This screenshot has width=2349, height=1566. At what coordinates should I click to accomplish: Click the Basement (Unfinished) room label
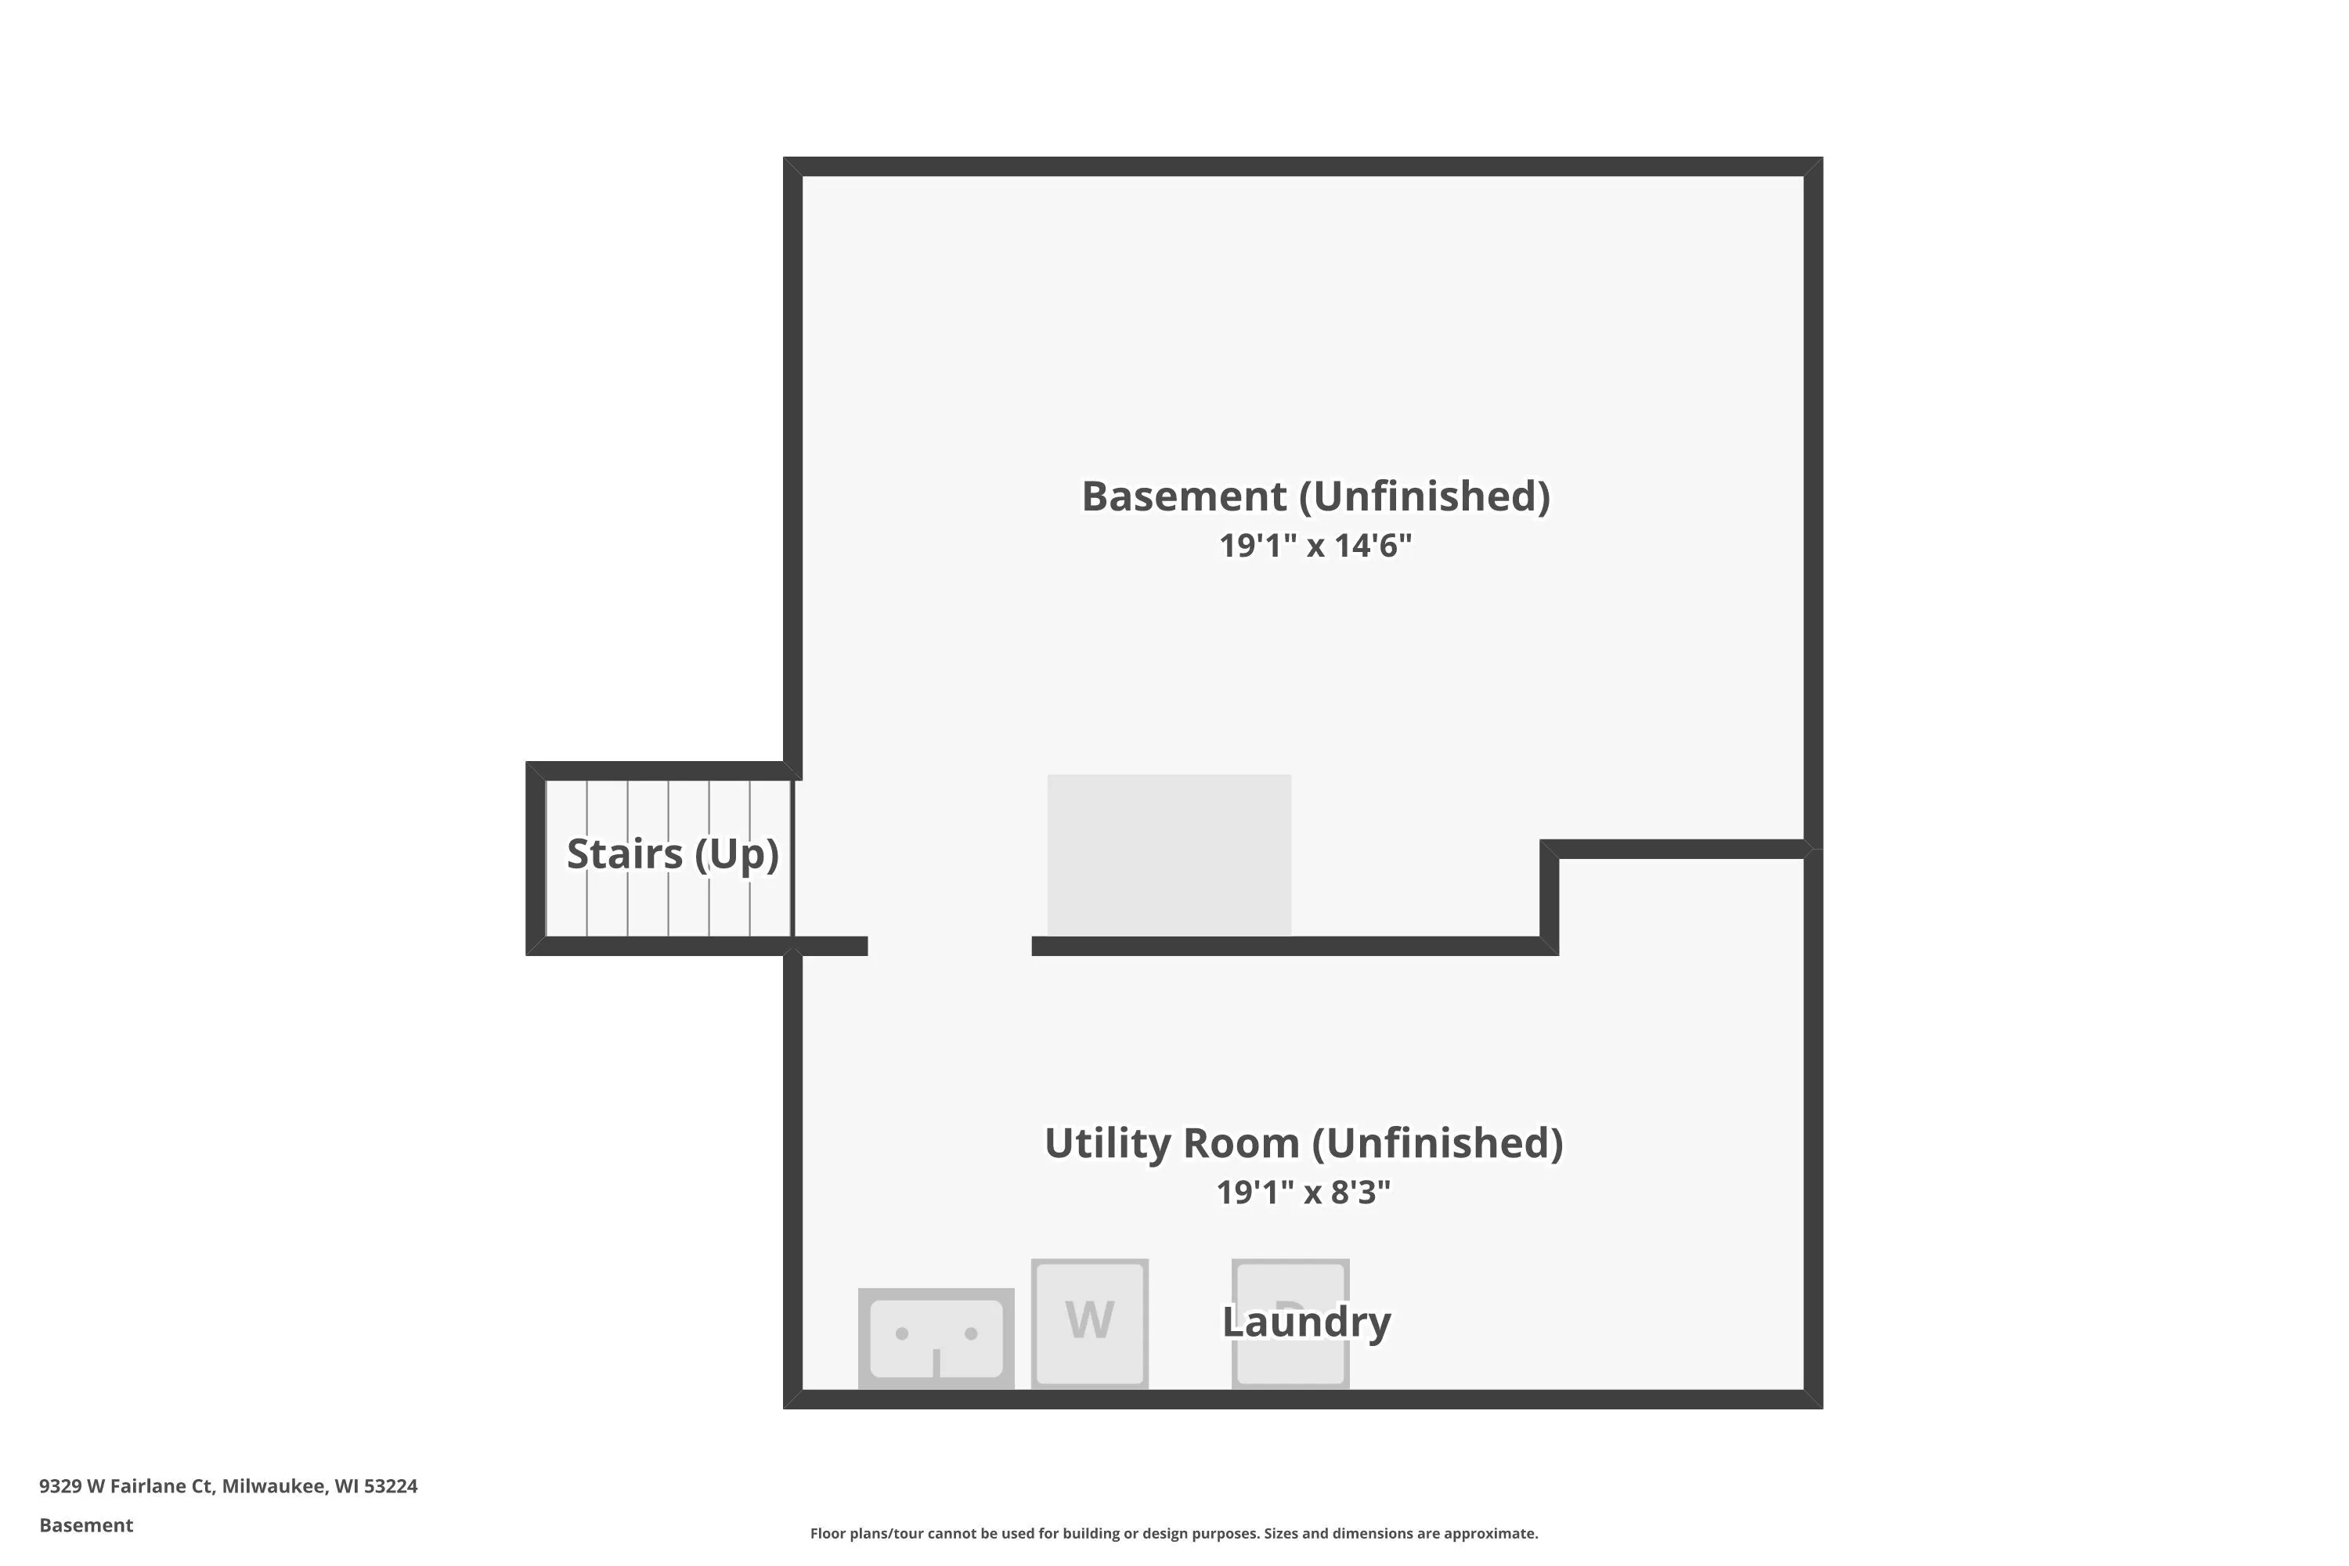tap(1315, 496)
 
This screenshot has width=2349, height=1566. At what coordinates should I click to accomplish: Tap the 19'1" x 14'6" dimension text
tap(1315, 545)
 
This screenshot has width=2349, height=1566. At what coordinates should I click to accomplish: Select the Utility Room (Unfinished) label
tap(1304, 1143)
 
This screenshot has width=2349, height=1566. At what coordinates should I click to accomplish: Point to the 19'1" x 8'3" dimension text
tap(1304, 1193)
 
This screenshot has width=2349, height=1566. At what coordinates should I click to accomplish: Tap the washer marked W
tap(1090, 1323)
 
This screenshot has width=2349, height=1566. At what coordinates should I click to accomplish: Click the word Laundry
tap(1306, 1322)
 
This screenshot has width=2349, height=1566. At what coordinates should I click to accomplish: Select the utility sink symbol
tap(936, 1338)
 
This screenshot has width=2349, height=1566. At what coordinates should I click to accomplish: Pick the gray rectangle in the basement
tap(1170, 855)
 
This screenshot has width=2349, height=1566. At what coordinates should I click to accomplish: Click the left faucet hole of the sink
tap(902, 1333)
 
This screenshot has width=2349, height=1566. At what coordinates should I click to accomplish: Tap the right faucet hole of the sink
tap(971, 1333)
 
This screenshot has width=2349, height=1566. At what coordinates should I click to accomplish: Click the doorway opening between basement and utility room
tap(950, 946)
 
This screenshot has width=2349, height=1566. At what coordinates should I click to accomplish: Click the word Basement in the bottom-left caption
tap(86, 1525)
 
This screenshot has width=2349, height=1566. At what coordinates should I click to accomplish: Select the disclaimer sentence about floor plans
tap(1174, 1533)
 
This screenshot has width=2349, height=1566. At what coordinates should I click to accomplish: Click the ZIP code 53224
tap(391, 1486)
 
